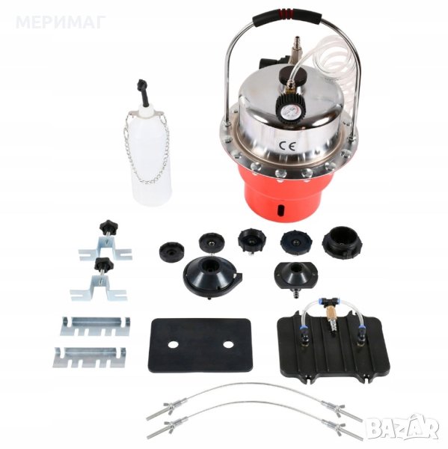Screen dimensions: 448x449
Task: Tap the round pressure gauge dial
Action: pyautogui.click(x=290, y=112)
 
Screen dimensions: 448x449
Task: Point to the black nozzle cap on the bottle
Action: pyautogui.click(x=142, y=90)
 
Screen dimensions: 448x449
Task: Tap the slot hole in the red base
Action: pyautogui.click(x=280, y=210)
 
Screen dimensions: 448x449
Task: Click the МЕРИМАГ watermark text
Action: pyautogui.click(x=61, y=22)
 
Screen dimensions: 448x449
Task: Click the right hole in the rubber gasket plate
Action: pyautogui.click(x=228, y=344)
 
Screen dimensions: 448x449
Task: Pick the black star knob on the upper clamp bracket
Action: pyautogui.click(x=108, y=226)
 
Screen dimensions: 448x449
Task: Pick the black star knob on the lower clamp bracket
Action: pyautogui.click(x=104, y=264)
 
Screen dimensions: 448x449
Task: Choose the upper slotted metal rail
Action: pyautogui.click(x=95, y=326)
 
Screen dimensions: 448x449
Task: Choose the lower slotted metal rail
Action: pyautogui.click(x=89, y=358)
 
